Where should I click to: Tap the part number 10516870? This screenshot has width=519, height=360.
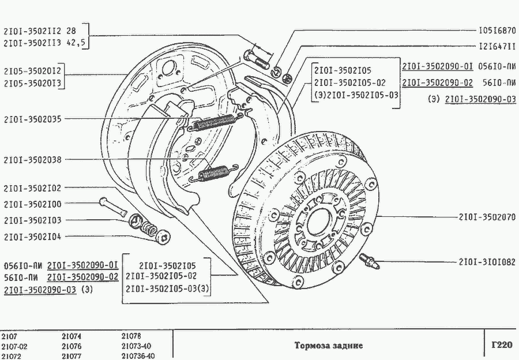click(x=497, y=29)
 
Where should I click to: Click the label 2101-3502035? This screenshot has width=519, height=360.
click(x=32, y=119)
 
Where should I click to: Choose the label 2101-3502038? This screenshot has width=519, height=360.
click(x=32, y=159)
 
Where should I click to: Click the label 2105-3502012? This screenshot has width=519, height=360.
click(x=32, y=71)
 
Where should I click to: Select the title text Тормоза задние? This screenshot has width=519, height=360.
click(x=329, y=346)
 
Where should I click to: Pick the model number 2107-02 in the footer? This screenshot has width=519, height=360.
click(x=14, y=346)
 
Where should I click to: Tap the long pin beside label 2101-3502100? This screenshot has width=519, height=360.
click(x=113, y=206)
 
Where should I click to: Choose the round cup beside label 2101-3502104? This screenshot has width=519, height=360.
click(x=163, y=236)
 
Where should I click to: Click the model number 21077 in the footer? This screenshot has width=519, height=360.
click(x=73, y=356)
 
